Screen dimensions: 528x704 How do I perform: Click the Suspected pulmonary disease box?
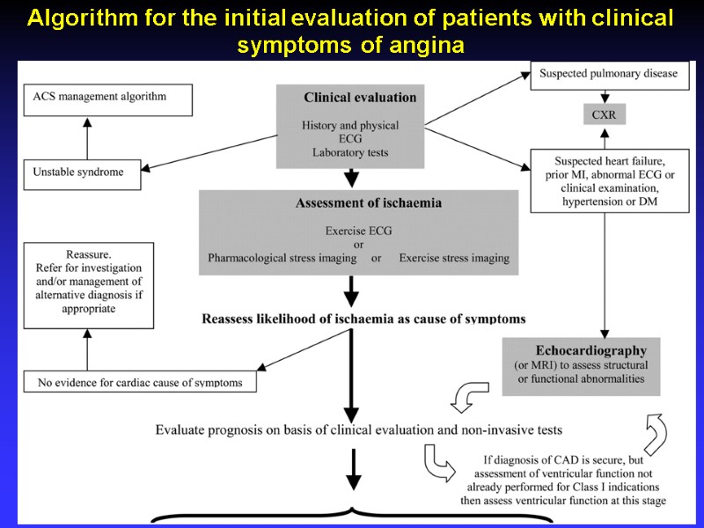point(609,74)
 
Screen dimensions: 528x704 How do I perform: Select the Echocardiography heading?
point(591,350)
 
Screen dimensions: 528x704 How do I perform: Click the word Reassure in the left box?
point(88,253)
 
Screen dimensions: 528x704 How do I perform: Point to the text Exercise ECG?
point(359,231)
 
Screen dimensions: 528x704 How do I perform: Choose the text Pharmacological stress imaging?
point(282,259)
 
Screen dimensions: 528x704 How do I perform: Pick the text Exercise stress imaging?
point(453,259)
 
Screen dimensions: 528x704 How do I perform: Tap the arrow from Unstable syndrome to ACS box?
point(86,137)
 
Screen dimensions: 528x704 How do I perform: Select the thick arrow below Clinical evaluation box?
point(352,178)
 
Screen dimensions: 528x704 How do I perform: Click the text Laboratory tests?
point(349,152)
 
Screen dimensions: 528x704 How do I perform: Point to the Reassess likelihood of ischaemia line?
point(363,319)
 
